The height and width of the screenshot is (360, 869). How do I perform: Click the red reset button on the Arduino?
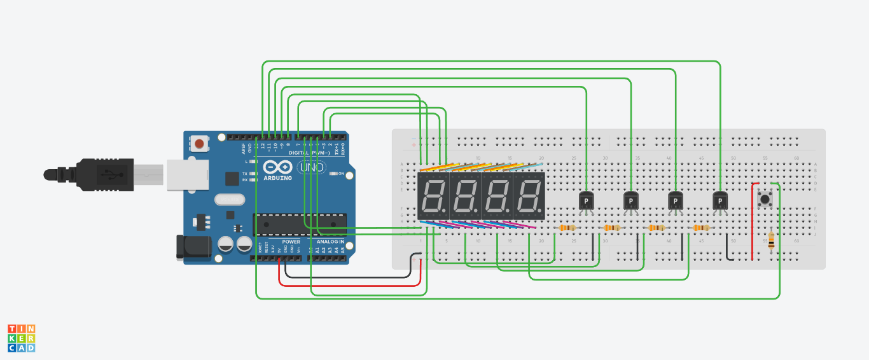tap(200, 144)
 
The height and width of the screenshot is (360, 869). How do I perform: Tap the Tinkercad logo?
tap(21, 338)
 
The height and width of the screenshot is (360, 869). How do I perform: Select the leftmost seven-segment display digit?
tap(434, 197)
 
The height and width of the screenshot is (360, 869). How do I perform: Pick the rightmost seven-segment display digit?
tap(529, 197)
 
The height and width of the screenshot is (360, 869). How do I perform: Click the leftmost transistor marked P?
tap(586, 201)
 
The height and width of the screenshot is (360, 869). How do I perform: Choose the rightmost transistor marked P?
tap(720, 201)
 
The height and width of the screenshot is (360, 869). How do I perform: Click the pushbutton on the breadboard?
tap(765, 200)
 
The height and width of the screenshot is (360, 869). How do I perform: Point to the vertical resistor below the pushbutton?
tap(772, 241)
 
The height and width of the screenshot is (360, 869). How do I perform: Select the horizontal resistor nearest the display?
tap(567, 228)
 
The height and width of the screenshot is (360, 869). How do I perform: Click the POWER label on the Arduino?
tap(291, 242)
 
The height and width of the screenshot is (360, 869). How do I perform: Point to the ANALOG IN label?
tap(330, 242)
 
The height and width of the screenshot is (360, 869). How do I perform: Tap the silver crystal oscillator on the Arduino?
tap(229, 200)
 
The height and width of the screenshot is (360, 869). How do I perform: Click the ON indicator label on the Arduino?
tap(342, 174)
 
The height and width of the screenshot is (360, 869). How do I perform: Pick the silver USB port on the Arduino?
tap(188, 175)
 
